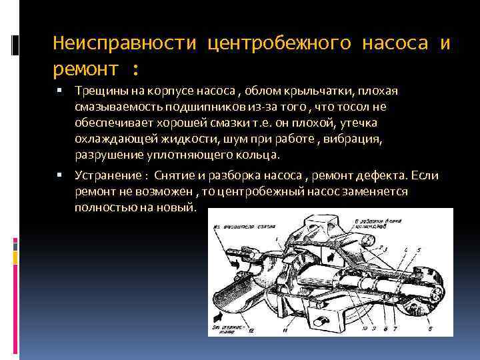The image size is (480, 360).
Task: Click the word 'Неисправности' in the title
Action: pos(125,44)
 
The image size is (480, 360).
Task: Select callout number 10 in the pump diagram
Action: pos(355,329)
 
